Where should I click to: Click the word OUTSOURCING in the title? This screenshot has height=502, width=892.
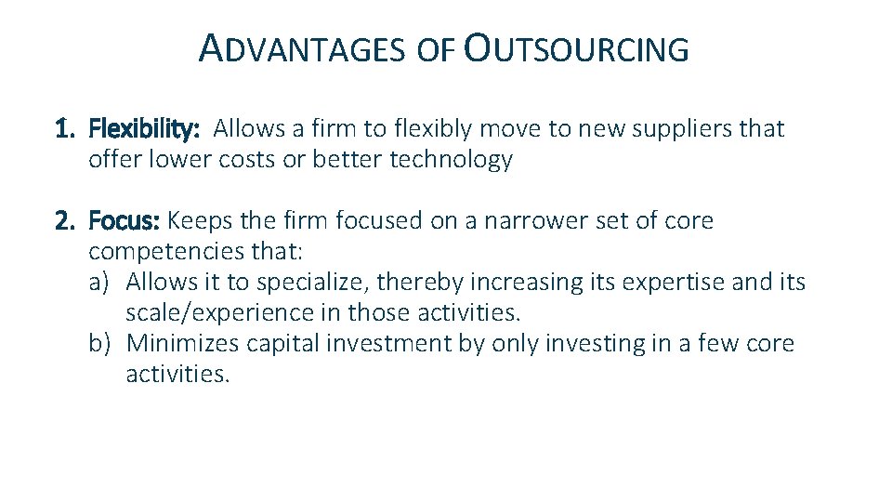click(576, 49)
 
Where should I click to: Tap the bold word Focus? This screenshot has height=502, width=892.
click(125, 221)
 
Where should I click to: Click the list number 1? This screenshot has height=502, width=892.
click(64, 128)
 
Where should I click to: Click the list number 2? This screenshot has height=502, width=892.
click(65, 221)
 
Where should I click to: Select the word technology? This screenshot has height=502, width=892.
click(451, 160)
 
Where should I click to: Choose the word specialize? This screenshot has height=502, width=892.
click(310, 282)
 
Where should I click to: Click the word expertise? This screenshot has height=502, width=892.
click(660, 282)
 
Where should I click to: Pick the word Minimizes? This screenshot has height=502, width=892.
click(183, 343)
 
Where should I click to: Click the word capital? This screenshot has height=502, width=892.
click(280, 343)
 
